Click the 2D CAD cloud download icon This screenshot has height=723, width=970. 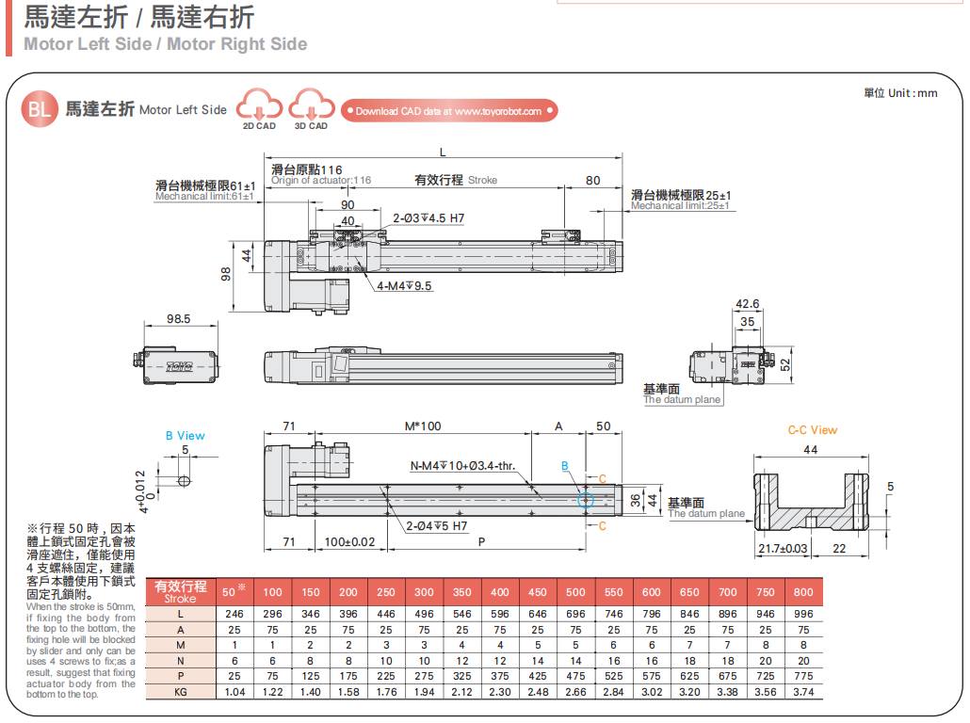coord(259,104)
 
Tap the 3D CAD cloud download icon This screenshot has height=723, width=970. coord(311,104)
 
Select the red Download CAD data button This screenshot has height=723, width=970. coord(449,111)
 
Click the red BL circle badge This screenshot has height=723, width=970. coord(39,109)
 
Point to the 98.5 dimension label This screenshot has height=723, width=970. coord(179,319)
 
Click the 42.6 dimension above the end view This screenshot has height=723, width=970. coord(747,304)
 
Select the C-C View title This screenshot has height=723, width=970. coord(812,430)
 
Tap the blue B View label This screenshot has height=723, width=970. coord(185,436)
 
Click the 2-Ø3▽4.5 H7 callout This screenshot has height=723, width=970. coord(428,218)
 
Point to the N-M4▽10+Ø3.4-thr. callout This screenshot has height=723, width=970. coord(461,465)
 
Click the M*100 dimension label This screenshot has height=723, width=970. coord(423,426)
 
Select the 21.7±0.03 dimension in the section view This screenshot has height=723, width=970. coord(783,548)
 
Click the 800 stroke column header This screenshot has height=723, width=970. coord(803,592)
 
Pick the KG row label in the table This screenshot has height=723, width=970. coord(180,692)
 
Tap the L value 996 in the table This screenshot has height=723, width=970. coord(803,614)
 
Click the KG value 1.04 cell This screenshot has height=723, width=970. coord(234,692)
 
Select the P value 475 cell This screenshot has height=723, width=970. coord(575,675)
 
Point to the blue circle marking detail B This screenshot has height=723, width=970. coord(586,499)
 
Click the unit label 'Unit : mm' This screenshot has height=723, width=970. coord(900,93)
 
